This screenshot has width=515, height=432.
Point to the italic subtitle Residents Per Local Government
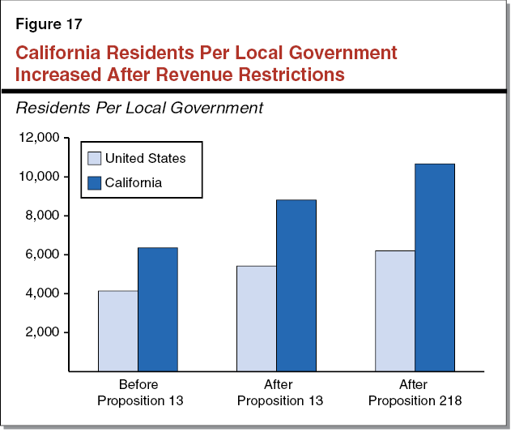click(139, 107)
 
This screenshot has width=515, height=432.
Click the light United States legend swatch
click(94, 159)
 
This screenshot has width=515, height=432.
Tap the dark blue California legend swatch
click(94, 183)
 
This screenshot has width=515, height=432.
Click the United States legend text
click(145, 159)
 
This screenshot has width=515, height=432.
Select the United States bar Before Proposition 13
click(118, 331)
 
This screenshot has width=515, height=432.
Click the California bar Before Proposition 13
click(158, 310)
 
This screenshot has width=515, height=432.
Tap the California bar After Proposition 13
click(296, 285)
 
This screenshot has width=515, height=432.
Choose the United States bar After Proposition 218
click(395, 310)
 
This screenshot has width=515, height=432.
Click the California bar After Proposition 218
click(435, 267)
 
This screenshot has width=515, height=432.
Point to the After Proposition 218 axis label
click(415, 393)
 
